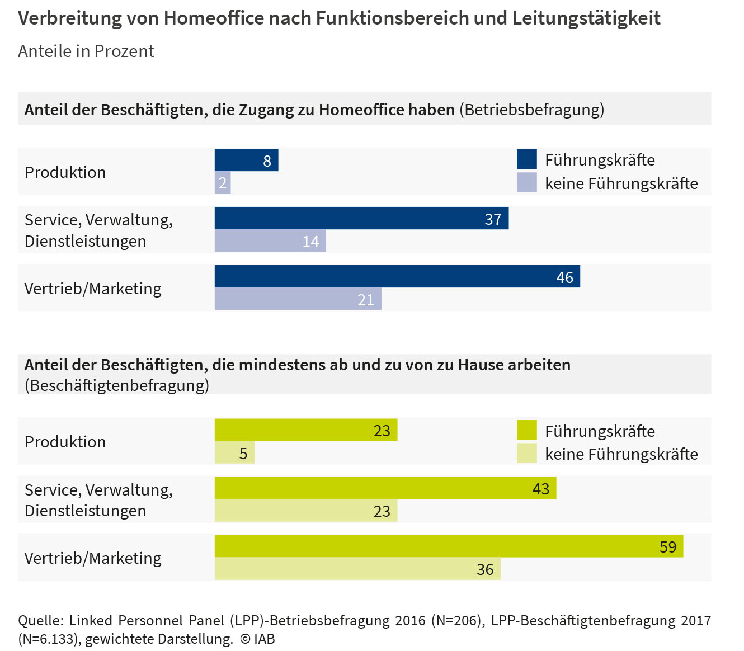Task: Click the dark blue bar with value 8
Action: pyautogui.click(x=246, y=160)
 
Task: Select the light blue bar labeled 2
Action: pyautogui.click(x=223, y=183)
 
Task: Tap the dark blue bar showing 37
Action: pyautogui.click(x=361, y=218)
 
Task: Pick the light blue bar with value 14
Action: pyautogui.click(x=270, y=241)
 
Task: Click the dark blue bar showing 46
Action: pyautogui.click(x=397, y=276)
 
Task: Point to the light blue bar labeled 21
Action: pyautogui.click(x=298, y=299)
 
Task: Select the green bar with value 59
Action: pyautogui.click(x=449, y=546)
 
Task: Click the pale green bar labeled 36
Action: pyautogui.click(x=357, y=569)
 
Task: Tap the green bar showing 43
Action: pyautogui.click(x=385, y=488)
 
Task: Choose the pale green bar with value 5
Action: pyautogui.click(x=234, y=452)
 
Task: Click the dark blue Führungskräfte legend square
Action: pyautogui.click(x=526, y=159)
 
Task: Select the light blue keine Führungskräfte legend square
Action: pyautogui.click(x=526, y=183)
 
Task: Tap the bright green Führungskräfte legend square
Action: pyautogui.click(x=526, y=430)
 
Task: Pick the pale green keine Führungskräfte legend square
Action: pyautogui.click(x=526, y=454)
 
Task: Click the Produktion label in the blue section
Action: pyautogui.click(x=65, y=172)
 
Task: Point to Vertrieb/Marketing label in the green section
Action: pyautogui.click(x=93, y=558)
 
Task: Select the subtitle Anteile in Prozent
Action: pyautogui.click(x=86, y=51)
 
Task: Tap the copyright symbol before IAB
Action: pyautogui.click(x=245, y=639)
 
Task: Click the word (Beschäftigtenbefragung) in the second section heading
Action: pyautogui.click(x=117, y=385)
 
